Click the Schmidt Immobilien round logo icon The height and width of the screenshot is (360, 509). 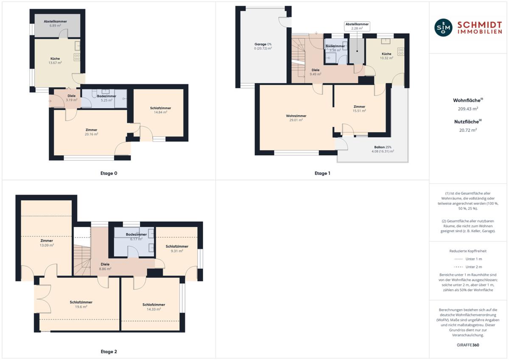(443, 28)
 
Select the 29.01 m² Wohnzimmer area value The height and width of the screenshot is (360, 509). (296, 120)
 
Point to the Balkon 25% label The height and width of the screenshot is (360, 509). (383, 147)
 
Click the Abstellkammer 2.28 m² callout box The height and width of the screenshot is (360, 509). (357, 26)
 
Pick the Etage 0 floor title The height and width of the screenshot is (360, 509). (109, 173)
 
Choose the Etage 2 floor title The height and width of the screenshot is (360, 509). (109, 352)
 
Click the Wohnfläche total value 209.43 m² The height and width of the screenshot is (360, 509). (468, 109)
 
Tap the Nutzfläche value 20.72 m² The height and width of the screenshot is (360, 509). (468, 130)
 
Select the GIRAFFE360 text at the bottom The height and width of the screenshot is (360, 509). (468, 345)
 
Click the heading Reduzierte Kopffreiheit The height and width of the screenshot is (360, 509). (468, 251)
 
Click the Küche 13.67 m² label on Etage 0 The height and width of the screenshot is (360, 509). (55, 61)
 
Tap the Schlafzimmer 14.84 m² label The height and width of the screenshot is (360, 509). (160, 110)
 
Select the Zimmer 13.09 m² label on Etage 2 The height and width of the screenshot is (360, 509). (47, 243)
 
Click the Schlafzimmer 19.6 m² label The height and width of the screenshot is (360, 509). (81, 304)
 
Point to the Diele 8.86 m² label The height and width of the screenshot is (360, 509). (105, 266)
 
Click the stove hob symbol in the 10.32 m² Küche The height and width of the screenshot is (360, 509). (400, 52)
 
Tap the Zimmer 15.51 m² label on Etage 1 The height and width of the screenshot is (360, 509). (359, 109)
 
